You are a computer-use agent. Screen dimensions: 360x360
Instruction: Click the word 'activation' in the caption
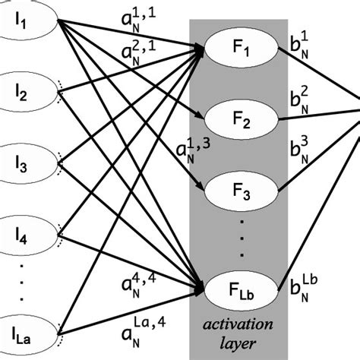point(237,326)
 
